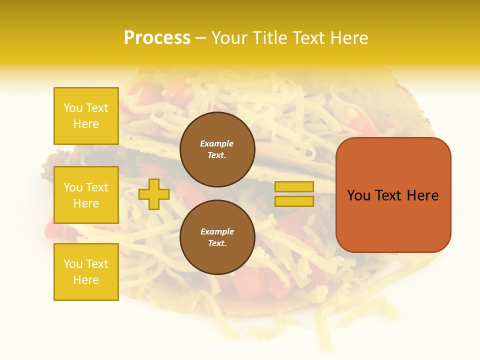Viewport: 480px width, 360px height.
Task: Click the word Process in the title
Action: (x=157, y=38)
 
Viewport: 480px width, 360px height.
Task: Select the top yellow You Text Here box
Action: (x=86, y=116)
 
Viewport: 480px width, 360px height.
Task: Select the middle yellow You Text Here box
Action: (x=86, y=195)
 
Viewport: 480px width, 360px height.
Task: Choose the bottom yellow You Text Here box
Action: (x=86, y=272)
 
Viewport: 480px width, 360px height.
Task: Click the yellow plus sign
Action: (x=153, y=194)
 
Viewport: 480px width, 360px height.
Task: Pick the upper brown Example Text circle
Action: (x=217, y=149)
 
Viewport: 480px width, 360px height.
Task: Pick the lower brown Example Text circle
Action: (x=217, y=237)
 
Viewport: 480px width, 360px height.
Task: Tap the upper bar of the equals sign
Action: (x=294, y=187)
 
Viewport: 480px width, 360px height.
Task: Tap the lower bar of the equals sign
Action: (x=294, y=201)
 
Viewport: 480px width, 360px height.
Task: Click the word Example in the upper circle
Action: (x=217, y=143)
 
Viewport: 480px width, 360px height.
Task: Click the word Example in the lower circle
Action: (x=217, y=231)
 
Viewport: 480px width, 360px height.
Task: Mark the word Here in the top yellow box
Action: (x=86, y=124)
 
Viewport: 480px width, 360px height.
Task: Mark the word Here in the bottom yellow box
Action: (x=86, y=280)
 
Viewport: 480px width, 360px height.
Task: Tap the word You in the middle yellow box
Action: (x=73, y=187)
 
